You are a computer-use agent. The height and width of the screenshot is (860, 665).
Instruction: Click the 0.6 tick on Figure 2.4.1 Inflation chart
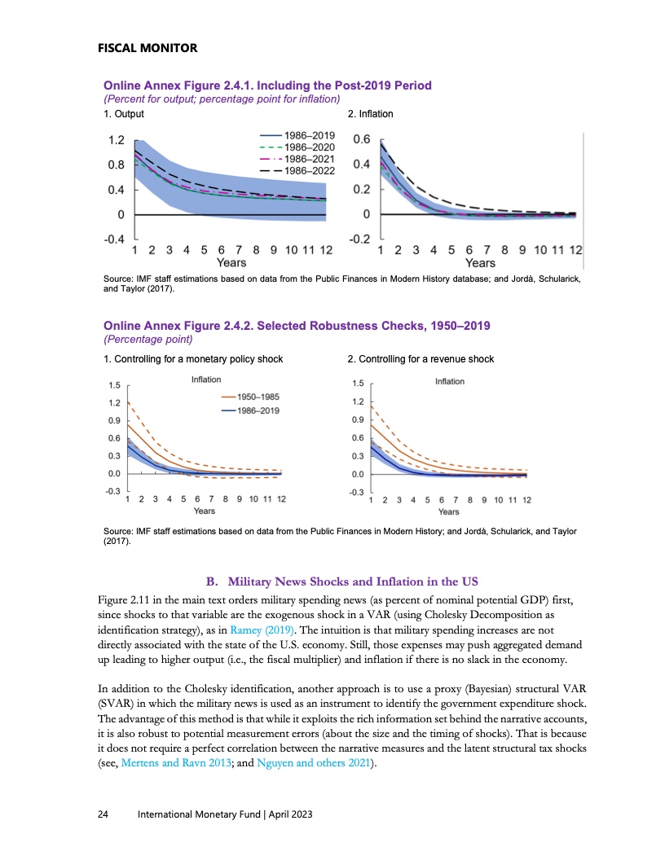pos(361,140)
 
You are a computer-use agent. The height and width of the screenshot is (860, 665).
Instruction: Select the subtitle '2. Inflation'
pos(370,113)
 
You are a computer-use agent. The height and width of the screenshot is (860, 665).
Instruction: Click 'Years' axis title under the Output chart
pos(231,263)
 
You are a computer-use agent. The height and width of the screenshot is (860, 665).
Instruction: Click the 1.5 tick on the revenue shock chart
pos(358,384)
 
